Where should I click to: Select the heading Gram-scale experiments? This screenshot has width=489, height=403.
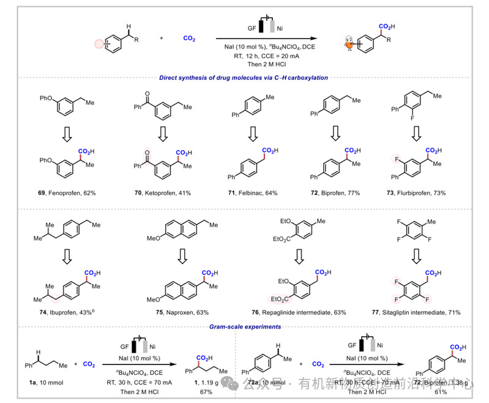(x=245, y=326)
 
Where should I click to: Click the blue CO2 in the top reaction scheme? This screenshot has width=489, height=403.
(x=190, y=38)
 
